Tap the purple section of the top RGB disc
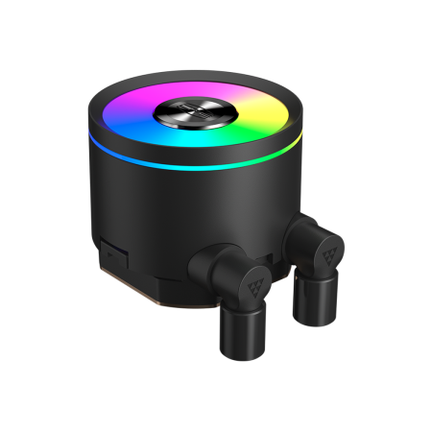(x=182, y=89)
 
